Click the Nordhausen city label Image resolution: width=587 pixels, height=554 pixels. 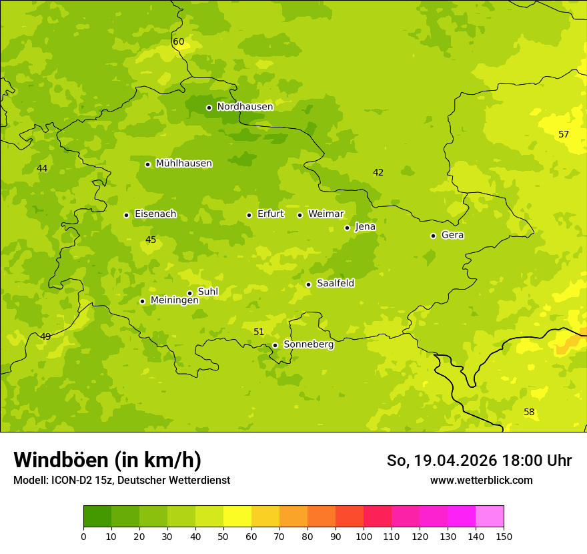click(x=245, y=107)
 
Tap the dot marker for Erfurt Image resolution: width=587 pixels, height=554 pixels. click(x=249, y=215)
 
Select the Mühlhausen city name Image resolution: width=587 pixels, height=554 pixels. click(x=183, y=164)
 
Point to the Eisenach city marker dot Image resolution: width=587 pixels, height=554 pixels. click(x=126, y=215)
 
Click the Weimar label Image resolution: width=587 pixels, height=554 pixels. click(x=326, y=214)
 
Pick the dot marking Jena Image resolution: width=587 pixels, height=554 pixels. click(x=347, y=228)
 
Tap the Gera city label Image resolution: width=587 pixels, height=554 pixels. click(x=452, y=235)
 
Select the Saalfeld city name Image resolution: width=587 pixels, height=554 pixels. click(x=335, y=284)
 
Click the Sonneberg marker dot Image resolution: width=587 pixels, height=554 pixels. click(x=275, y=345)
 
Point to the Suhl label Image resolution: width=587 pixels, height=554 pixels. click(x=207, y=292)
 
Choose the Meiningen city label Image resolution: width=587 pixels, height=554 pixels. click(x=174, y=300)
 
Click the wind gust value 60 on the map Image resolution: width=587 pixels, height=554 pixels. click(x=178, y=41)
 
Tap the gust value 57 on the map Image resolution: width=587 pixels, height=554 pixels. click(x=564, y=134)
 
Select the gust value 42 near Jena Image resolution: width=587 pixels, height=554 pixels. click(x=378, y=172)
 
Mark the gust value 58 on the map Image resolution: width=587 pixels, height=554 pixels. click(x=529, y=412)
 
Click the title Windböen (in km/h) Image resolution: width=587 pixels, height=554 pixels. click(x=107, y=460)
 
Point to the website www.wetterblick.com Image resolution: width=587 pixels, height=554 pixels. click(x=481, y=480)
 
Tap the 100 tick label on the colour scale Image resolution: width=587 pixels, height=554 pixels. click(x=364, y=536)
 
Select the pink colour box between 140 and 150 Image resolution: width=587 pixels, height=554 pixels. click(x=490, y=516)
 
